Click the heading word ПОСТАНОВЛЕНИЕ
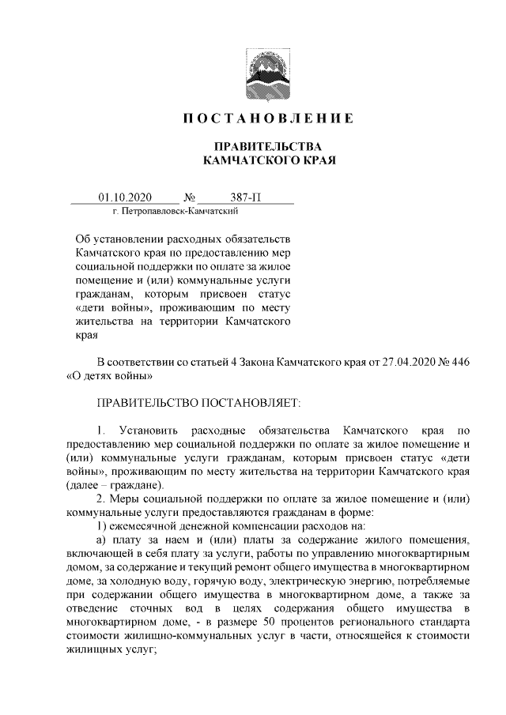267,119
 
